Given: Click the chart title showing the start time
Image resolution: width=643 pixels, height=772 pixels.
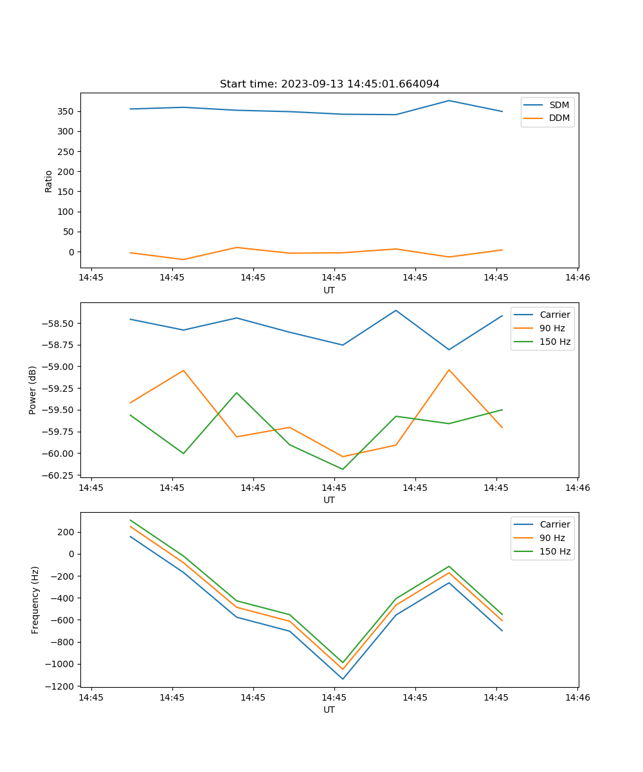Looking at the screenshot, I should coord(329,84).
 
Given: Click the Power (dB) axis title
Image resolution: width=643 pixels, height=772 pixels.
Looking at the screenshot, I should coord(33,390).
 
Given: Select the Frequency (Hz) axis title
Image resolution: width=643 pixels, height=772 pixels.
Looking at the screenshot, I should coord(35,600).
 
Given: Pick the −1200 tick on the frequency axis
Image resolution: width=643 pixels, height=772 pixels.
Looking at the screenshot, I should coord(59,686).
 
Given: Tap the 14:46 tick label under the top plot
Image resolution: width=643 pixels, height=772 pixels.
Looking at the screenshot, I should coord(577,278).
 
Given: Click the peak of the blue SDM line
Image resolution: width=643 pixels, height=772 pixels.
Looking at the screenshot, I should coord(449,100).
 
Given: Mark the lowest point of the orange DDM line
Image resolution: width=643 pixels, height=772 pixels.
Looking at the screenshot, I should coord(183,260).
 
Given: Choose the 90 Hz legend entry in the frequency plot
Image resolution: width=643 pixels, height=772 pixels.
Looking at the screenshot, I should coord(552,538).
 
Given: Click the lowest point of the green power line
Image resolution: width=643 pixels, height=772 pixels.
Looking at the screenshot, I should coord(343,469).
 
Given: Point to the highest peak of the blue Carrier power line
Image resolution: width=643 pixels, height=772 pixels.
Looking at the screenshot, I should coord(396,310).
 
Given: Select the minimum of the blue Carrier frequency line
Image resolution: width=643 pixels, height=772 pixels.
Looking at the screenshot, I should coord(343,679).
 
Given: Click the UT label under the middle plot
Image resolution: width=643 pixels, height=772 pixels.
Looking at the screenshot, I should coord(329,500).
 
